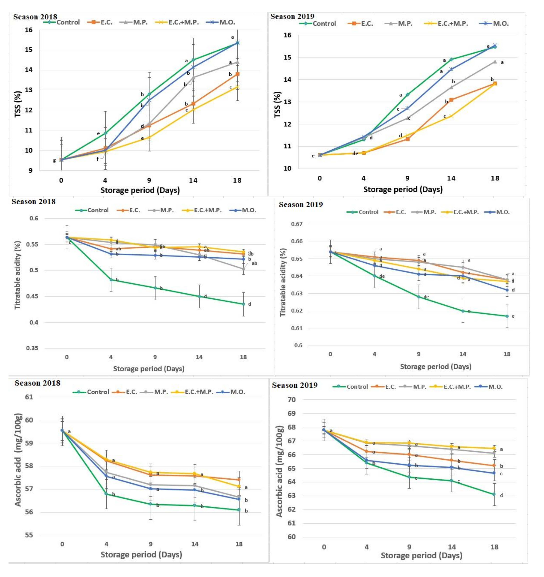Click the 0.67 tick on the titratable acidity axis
click(x=297, y=224)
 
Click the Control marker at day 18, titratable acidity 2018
click(x=243, y=304)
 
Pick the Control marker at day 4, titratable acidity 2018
click(x=111, y=280)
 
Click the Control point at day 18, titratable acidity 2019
click(x=507, y=316)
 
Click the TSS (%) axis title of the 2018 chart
click(x=18, y=104)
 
